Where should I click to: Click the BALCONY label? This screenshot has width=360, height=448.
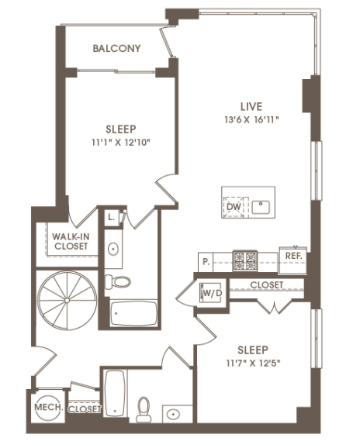pos(116,48)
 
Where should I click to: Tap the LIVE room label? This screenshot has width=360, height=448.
pos(251,106)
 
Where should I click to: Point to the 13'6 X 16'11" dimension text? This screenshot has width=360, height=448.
pos(251,119)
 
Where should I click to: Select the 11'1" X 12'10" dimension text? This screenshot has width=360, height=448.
pos(121,142)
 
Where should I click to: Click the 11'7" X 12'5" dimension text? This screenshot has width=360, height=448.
pos(253,364)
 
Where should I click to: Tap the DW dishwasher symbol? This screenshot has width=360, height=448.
pos(234,207)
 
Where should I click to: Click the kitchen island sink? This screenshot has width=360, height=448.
pos(261,207)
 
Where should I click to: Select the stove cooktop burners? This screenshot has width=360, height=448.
pos(244,260)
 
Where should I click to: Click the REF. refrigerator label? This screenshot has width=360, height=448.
pos(293,256)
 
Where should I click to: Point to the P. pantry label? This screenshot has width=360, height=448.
pos(206,262)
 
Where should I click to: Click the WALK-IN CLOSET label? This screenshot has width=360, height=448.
pos(71,241)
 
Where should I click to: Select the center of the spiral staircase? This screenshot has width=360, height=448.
pos(67,300)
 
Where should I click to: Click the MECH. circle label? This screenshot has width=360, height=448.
pos(48,407)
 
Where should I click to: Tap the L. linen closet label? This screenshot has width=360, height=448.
pos(112,218)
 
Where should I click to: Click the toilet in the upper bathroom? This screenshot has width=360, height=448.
pos(118,281)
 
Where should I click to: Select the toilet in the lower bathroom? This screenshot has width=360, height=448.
pos(144,409)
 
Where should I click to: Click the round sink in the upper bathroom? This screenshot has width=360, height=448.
pos(113,249)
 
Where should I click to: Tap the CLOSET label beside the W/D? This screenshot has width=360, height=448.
pos(266,284)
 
